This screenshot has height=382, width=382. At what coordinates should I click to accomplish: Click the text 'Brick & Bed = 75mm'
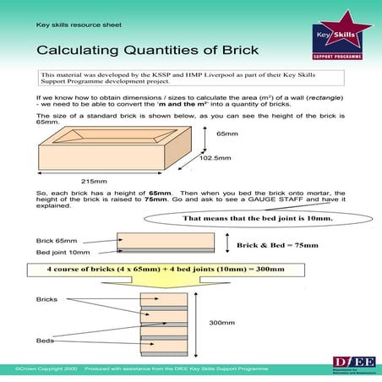277,245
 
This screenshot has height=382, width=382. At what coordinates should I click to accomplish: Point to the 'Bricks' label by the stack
46,299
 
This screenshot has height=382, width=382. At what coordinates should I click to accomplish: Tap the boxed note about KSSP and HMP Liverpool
190,79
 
